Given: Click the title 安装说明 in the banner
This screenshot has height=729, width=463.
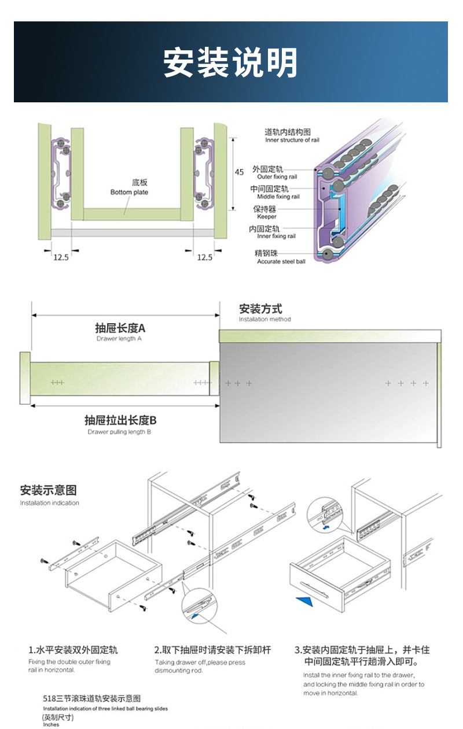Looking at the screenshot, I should click(230, 62).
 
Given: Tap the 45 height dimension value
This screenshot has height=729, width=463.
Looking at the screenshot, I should click(240, 172).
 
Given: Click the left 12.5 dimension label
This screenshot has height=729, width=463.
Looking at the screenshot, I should click(61, 258).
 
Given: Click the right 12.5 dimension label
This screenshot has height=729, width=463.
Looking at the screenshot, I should click(204, 258).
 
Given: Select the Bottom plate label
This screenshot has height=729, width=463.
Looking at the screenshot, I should click(129, 193).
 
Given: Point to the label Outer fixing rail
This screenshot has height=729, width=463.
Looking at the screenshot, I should click(277, 177).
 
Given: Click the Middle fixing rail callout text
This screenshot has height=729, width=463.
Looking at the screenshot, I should click(278, 197).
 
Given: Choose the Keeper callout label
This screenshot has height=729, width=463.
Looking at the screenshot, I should click(267, 217).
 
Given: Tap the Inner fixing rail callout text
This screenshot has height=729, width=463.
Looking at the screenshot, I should click(276, 236).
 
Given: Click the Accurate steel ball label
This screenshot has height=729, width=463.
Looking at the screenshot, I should click(281, 262).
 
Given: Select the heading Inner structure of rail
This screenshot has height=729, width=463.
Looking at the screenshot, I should click(292, 140).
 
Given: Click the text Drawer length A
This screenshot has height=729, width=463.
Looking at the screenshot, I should click(119, 339).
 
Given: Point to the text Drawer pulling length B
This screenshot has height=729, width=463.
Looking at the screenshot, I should click(120, 432).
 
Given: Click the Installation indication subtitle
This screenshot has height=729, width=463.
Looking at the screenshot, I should click(49, 503).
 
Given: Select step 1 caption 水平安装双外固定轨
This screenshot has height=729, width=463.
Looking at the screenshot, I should click(73, 650).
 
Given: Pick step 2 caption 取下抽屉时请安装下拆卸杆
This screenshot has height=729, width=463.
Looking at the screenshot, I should click(212, 650).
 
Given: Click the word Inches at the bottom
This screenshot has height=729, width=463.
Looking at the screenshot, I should click(51, 724).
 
